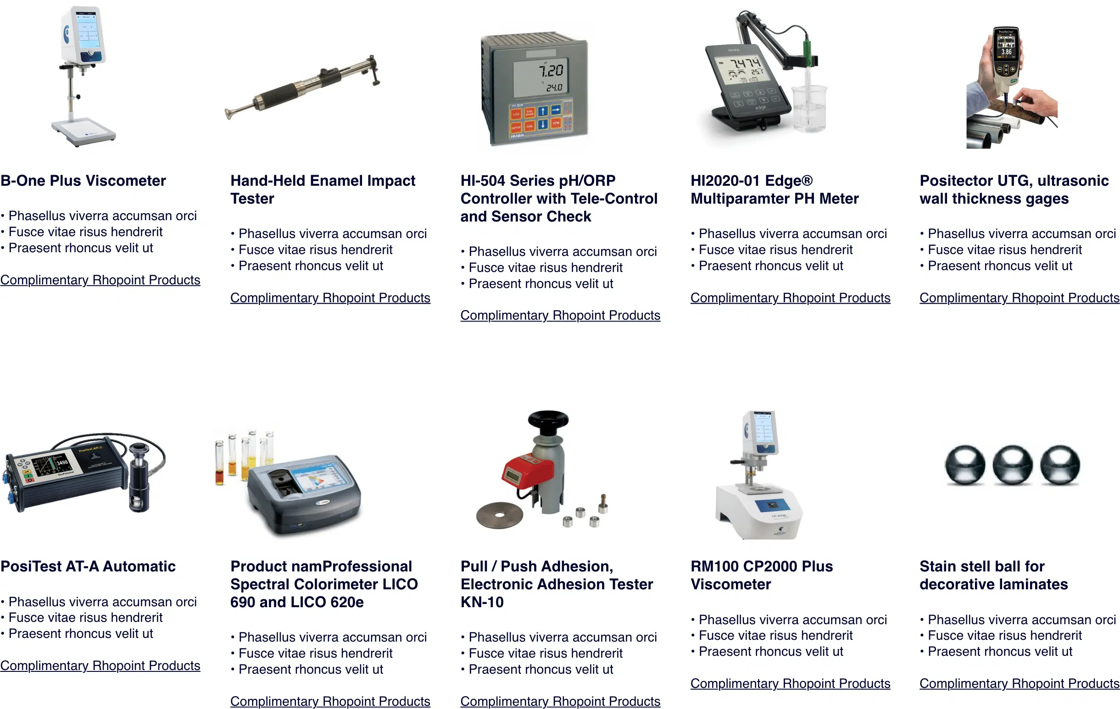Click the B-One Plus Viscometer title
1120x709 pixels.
click(83, 180)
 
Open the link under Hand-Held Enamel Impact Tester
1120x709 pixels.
click(330, 298)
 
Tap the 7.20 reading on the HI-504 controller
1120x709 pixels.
click(551, 71)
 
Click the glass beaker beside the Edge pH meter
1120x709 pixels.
click(810, 108)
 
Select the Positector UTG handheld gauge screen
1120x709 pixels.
click(1006, 45)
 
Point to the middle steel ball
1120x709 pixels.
click(1013, 465)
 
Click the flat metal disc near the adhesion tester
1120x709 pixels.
click(500, 515)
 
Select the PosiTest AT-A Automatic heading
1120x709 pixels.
click(88, 566)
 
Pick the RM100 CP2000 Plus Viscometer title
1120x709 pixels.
click(762, 575)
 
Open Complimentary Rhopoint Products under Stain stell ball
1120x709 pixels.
click(1020, 683)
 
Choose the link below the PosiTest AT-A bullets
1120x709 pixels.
click(100, 666)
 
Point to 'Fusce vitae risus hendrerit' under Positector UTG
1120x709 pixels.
click(1005, 249)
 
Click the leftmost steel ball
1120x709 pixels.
click(965, 465)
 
